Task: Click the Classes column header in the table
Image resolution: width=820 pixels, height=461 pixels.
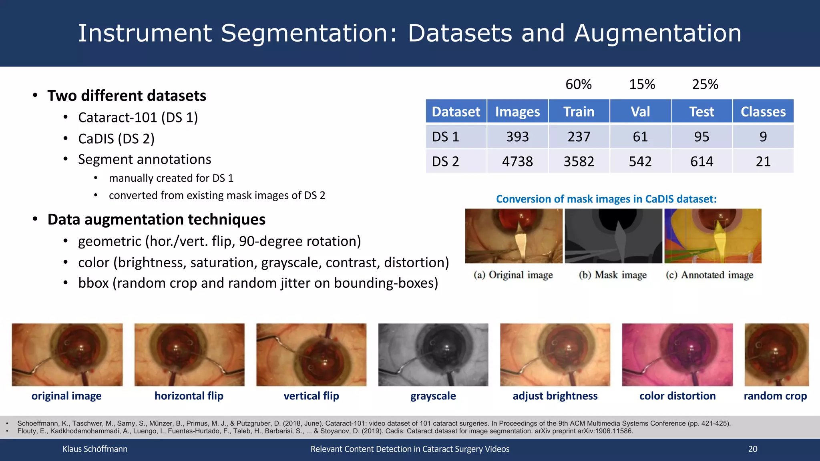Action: pos(763,112)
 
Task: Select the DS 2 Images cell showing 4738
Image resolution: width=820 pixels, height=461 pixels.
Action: pos(517,161)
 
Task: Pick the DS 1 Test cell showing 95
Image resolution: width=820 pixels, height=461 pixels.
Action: pos(701,137)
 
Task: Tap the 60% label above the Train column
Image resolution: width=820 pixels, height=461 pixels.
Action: pos(578,84)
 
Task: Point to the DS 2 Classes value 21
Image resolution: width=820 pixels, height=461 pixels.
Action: pos(763,161)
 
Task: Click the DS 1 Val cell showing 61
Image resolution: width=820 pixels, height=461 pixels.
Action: pos(640,137)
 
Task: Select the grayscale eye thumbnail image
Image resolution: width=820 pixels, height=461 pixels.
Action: pos(433,355)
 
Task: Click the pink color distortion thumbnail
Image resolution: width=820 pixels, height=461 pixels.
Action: pos(677,355)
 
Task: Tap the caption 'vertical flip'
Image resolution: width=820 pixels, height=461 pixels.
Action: pos(311,396)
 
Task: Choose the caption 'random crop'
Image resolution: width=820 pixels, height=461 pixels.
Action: pos(775,396)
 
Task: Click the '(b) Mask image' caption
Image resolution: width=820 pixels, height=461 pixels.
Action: pos(613,275)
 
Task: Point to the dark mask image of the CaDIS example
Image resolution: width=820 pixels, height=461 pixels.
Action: pos(613,236)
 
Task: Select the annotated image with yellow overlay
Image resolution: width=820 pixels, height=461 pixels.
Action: pos(713,236)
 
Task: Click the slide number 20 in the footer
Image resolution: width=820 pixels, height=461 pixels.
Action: pos(753,449)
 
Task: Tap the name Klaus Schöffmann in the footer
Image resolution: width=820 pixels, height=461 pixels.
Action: pos(95,449)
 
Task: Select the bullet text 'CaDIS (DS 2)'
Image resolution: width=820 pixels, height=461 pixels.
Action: pos(116,138)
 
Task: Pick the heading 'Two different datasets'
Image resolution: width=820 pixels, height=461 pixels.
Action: pos(127,96)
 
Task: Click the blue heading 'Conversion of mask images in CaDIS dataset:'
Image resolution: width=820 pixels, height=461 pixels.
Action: pos(606,199)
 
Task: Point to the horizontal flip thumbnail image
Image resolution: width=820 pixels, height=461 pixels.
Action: pos(189,355)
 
